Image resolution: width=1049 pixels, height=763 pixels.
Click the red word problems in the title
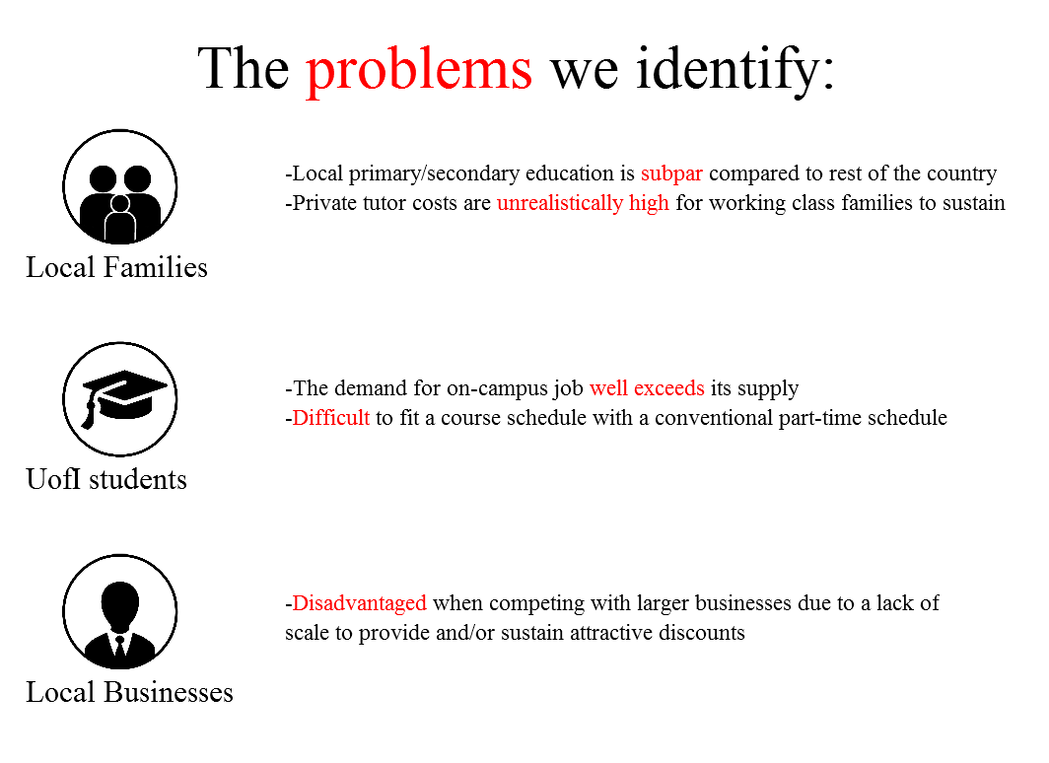419,71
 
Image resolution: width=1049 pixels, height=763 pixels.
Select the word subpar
671,174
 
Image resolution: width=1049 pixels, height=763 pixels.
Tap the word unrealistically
559,203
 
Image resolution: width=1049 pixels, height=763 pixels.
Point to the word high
649,203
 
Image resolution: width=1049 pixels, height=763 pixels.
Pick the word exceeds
668,388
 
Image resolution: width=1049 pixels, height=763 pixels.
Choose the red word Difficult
331,418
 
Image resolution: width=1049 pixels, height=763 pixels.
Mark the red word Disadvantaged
359,603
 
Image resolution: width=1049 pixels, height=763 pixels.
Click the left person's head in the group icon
103,179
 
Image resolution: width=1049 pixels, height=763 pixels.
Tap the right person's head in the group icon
138,179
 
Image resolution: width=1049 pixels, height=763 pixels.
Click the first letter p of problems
320,75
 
